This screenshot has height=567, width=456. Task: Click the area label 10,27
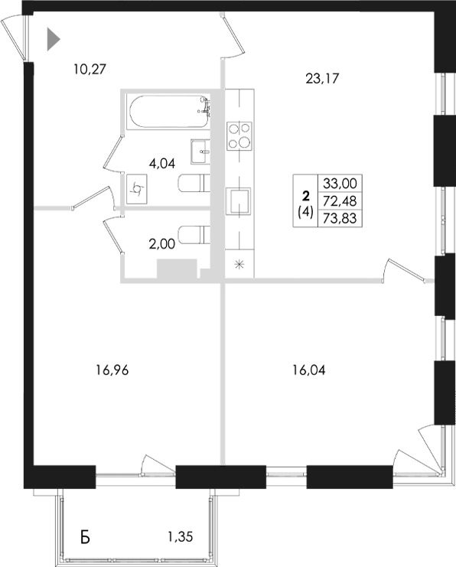tap(89, 69)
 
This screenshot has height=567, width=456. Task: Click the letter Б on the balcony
tap(86, 537)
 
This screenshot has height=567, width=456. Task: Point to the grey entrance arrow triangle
tap(53, 39)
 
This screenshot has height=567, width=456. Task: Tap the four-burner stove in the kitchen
tap(239, 135)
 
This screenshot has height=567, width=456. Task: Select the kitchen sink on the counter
tap(239, 202)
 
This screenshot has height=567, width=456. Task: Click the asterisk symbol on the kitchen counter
tap(239, 266)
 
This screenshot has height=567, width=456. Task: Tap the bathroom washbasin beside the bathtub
tap(200, 148)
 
